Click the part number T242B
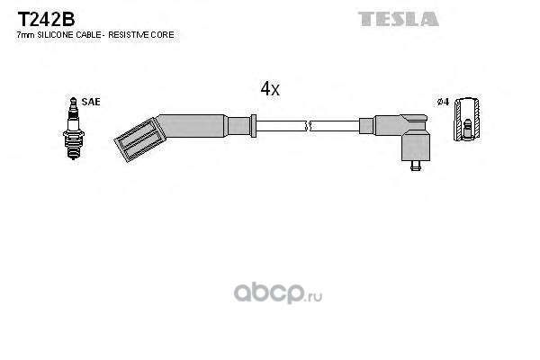coord(46,19)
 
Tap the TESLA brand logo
coord(399,19)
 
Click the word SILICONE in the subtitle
coord(55,35)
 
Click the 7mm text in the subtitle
coord(26,35)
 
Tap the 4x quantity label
coord(270,89)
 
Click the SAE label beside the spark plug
coord(91,102)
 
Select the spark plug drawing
coord(74,128)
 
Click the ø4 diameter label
coord(443,102)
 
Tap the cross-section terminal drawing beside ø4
coord(467,120)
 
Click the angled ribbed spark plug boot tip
coord(140,139)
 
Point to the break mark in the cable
coord(308,126)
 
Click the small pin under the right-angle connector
coord(416,166)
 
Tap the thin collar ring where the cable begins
coord(254,126)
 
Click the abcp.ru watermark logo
coord(278,292)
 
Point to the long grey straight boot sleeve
coord(192,126)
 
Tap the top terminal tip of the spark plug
coord(73,101)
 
